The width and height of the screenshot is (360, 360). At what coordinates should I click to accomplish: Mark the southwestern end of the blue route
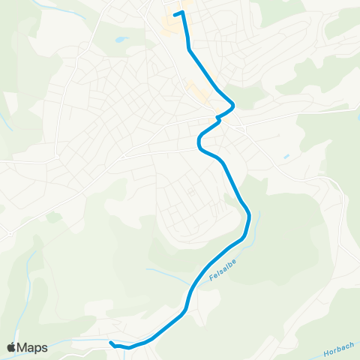[x=111, y=343]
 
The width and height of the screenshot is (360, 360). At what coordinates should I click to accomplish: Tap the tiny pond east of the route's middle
[x=286, y=157]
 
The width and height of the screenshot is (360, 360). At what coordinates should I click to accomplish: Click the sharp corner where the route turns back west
[x=233, y=104]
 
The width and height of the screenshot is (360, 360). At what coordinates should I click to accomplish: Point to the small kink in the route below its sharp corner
[x=218, y=118]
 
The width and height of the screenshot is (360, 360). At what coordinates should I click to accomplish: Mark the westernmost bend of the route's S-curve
[x=199, y=143]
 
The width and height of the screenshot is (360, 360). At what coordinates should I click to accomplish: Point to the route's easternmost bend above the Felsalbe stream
[x=248, y=217]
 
